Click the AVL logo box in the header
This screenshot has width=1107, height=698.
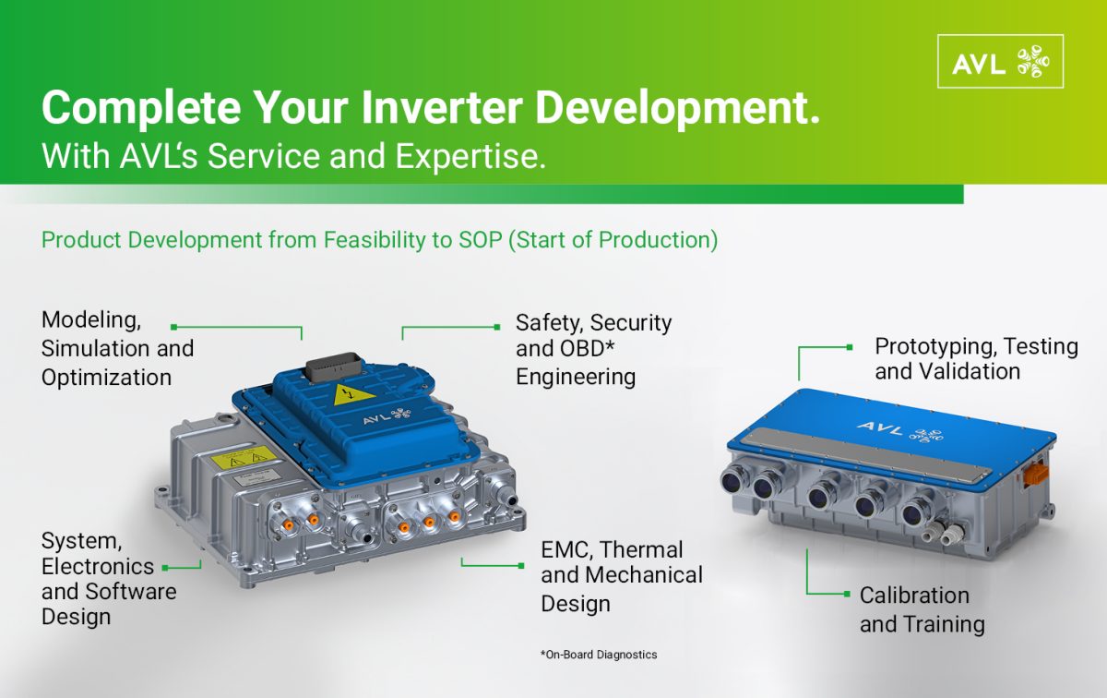(x=1000, y=61)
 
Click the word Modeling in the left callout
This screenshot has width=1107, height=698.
(x=91, y=320)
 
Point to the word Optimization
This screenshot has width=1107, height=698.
(x=106, y=378)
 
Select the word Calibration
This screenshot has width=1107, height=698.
(x=914, y=596)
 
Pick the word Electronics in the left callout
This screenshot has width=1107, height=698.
(x=98, y=566)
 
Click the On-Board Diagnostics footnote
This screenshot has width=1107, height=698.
(x=599, y=655)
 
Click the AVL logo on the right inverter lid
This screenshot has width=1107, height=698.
(x=899, y=431)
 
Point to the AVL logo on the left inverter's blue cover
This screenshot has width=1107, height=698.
(x=387, y=416)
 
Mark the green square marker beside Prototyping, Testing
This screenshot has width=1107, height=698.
(x=850, y=347)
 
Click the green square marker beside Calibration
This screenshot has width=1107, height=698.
(x=847, y=594)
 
